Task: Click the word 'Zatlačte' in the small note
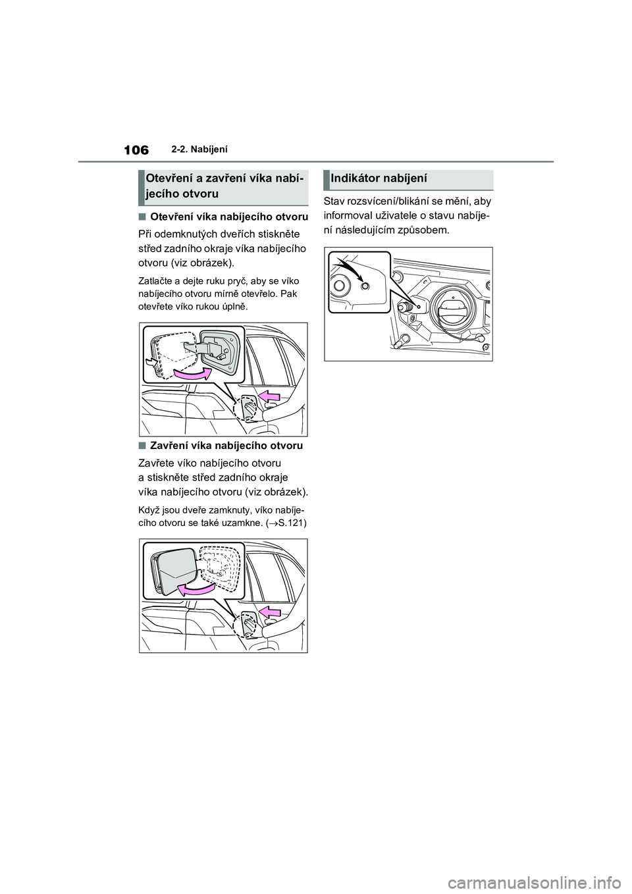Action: coord(153,281)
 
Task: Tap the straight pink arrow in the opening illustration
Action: coord(269,395)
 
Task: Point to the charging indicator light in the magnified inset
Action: coord(366,285)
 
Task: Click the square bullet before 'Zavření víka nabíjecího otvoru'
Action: coord(142,446)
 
